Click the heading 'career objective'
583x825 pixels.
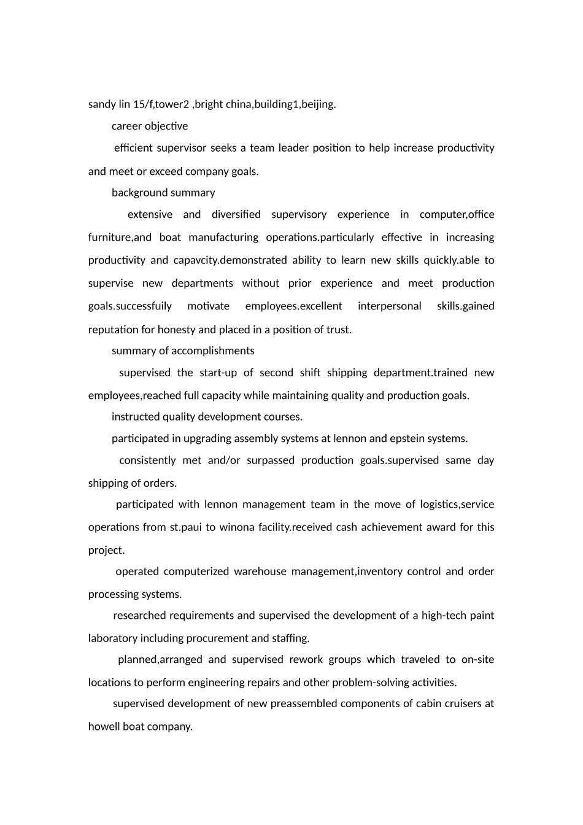150,126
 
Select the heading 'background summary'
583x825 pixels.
163,193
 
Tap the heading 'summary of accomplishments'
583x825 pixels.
183,351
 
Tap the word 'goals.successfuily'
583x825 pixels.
130,306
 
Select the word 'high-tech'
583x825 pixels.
444,616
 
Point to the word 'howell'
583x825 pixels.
104,727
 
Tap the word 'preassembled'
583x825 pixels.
299,703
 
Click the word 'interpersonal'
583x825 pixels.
389,306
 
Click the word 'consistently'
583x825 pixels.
147,460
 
